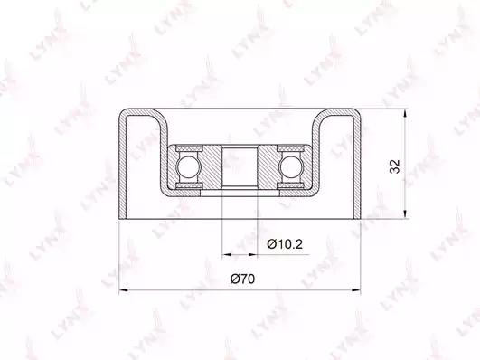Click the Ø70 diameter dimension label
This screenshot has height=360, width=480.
pos(242,279)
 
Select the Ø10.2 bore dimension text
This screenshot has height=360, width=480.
pos(285,244)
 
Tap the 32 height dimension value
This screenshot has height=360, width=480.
pos(395,166)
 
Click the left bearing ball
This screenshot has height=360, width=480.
pos(188,167)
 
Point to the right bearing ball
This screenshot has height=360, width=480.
pos(291,167)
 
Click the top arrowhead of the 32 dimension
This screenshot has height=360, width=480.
pos(405,113)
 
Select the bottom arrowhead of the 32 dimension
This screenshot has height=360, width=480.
pos(405,214)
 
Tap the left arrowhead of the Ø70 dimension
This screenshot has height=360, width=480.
pos(123,289)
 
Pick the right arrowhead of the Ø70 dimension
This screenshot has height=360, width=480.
pos(356,289)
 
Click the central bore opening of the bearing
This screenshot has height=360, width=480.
pos(240,166)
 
